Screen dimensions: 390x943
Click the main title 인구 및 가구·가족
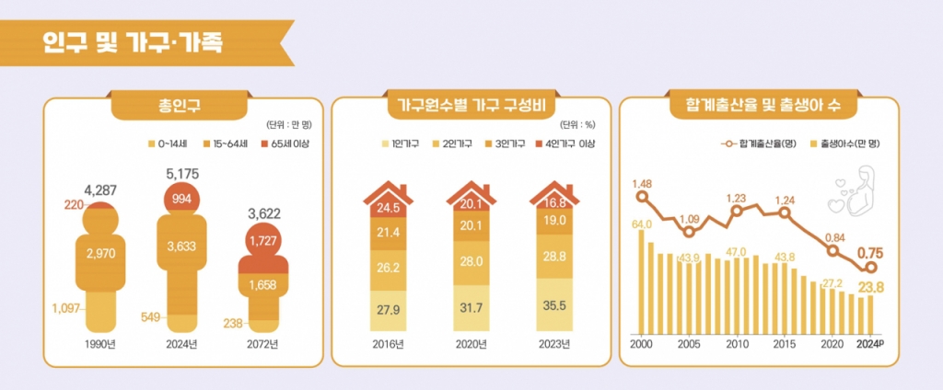click(x=130, y=41)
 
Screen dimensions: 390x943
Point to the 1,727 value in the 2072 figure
click(x=264, y=243)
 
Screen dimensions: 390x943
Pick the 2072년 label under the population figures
click(x=263, y=345)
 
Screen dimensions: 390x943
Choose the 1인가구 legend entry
click(x=402, y=143)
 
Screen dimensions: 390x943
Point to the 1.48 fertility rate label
click(x=642, y=183)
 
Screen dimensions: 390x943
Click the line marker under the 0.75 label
click(x=868, y=269)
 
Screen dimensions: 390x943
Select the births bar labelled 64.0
click(x=642, y=281)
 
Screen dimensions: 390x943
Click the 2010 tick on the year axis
click(x=737, y=344)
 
